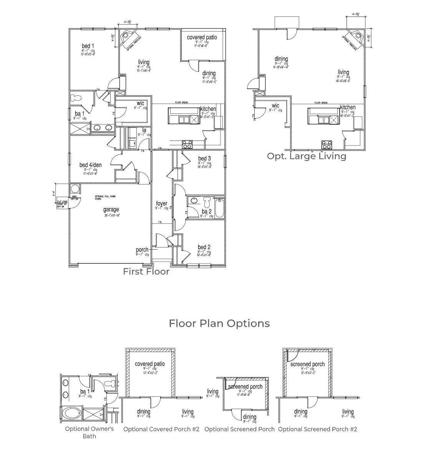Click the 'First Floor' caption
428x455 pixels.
point(146,271)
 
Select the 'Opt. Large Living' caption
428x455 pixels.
point(306,156)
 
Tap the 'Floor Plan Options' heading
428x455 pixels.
point(219,323)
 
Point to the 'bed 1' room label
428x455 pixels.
point(88,46)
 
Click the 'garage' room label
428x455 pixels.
point(111,210)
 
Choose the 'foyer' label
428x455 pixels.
point(161,204)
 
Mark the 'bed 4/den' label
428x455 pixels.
point(90,165)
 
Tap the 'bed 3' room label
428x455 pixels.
point(204,159)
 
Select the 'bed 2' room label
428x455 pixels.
point(204,247)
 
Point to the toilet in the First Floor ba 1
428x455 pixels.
point(76,98)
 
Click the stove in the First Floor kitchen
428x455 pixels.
point(187,144)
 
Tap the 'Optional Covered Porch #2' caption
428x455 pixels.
point(161,429)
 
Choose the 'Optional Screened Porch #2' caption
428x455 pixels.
point(317,429)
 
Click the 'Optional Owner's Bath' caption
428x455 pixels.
point(89,432)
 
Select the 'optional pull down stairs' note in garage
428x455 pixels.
point(105,198)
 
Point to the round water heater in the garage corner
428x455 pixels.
point(75,189)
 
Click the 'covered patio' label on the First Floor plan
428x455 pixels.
point(202,37)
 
